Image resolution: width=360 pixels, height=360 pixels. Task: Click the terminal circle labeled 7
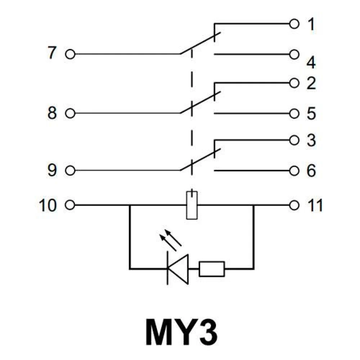(x=70, y=54)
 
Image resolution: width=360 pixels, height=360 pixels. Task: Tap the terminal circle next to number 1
(x=294, y=24)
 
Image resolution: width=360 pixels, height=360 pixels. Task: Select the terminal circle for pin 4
(x=294, y=54)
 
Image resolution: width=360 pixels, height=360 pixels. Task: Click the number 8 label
(x=52, y=114)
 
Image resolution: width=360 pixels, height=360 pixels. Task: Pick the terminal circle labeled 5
(x=294, y=114)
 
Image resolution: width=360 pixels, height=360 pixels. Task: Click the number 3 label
(x=311, y=140)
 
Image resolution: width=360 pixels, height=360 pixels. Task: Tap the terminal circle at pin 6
(x=294, y=170)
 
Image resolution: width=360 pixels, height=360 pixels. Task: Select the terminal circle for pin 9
(x=70, y=170)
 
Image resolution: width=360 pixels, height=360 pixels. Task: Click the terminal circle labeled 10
(x=70, y=206)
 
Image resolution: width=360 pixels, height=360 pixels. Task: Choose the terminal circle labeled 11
(x=294, y=206)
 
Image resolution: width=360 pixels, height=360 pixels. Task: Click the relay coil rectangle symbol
(x=192, y=206)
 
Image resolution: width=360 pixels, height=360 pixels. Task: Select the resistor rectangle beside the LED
(x=212, y=269)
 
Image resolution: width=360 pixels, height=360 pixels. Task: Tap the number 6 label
(x=311, y=171)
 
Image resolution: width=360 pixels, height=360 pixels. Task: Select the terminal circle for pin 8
(x=70, y=114)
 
